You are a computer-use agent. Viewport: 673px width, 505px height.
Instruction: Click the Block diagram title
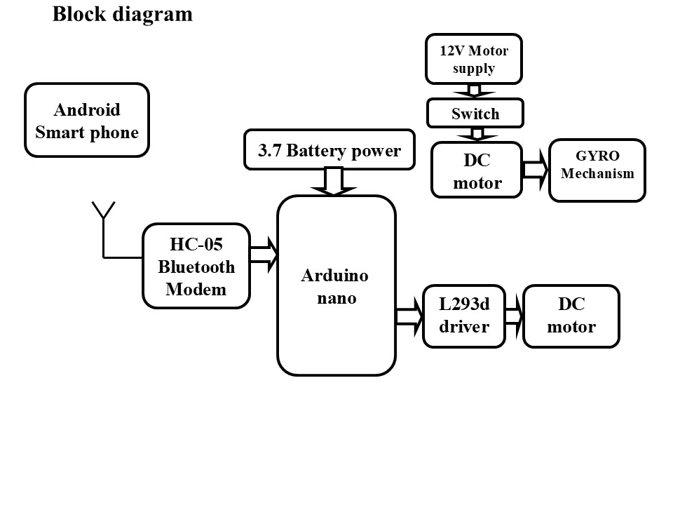click(123, 14)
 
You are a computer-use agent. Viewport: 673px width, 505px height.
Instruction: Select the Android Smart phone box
click(87, 121)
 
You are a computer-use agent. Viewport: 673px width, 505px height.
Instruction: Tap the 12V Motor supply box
click(474, 60)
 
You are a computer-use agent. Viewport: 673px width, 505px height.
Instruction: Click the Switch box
click(475, 114)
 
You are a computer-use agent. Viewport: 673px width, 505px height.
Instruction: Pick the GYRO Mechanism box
click(597, 170)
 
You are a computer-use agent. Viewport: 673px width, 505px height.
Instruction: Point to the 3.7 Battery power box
click(329, 150)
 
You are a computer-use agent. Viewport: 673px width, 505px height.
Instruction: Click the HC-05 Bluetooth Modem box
click(196, 267)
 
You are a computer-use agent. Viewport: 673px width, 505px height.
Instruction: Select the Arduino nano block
click(336, 286)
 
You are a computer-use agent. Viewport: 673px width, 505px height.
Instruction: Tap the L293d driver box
click(464, 316)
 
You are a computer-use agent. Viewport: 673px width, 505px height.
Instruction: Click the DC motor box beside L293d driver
click(571, 316)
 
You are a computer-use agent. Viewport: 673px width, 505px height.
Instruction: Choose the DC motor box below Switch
click(477, 171)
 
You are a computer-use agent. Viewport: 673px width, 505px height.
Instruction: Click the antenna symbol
click(103, 210)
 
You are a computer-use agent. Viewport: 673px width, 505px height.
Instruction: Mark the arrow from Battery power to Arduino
click(334, 182)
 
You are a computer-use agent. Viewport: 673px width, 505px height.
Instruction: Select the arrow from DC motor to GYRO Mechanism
click(536, 170)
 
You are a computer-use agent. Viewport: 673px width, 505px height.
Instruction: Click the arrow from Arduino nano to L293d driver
click(409, 316)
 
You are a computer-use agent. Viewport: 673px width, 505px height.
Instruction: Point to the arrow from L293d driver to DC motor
click(514, 316)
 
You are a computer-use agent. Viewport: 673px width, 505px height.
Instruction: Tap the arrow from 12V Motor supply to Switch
click(474, 91)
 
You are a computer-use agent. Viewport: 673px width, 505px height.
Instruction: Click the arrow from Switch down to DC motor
click(476, 134)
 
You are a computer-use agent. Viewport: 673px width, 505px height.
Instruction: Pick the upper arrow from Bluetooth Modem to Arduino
click(264, 247)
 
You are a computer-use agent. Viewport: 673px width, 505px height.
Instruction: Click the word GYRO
click(597, 157)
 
